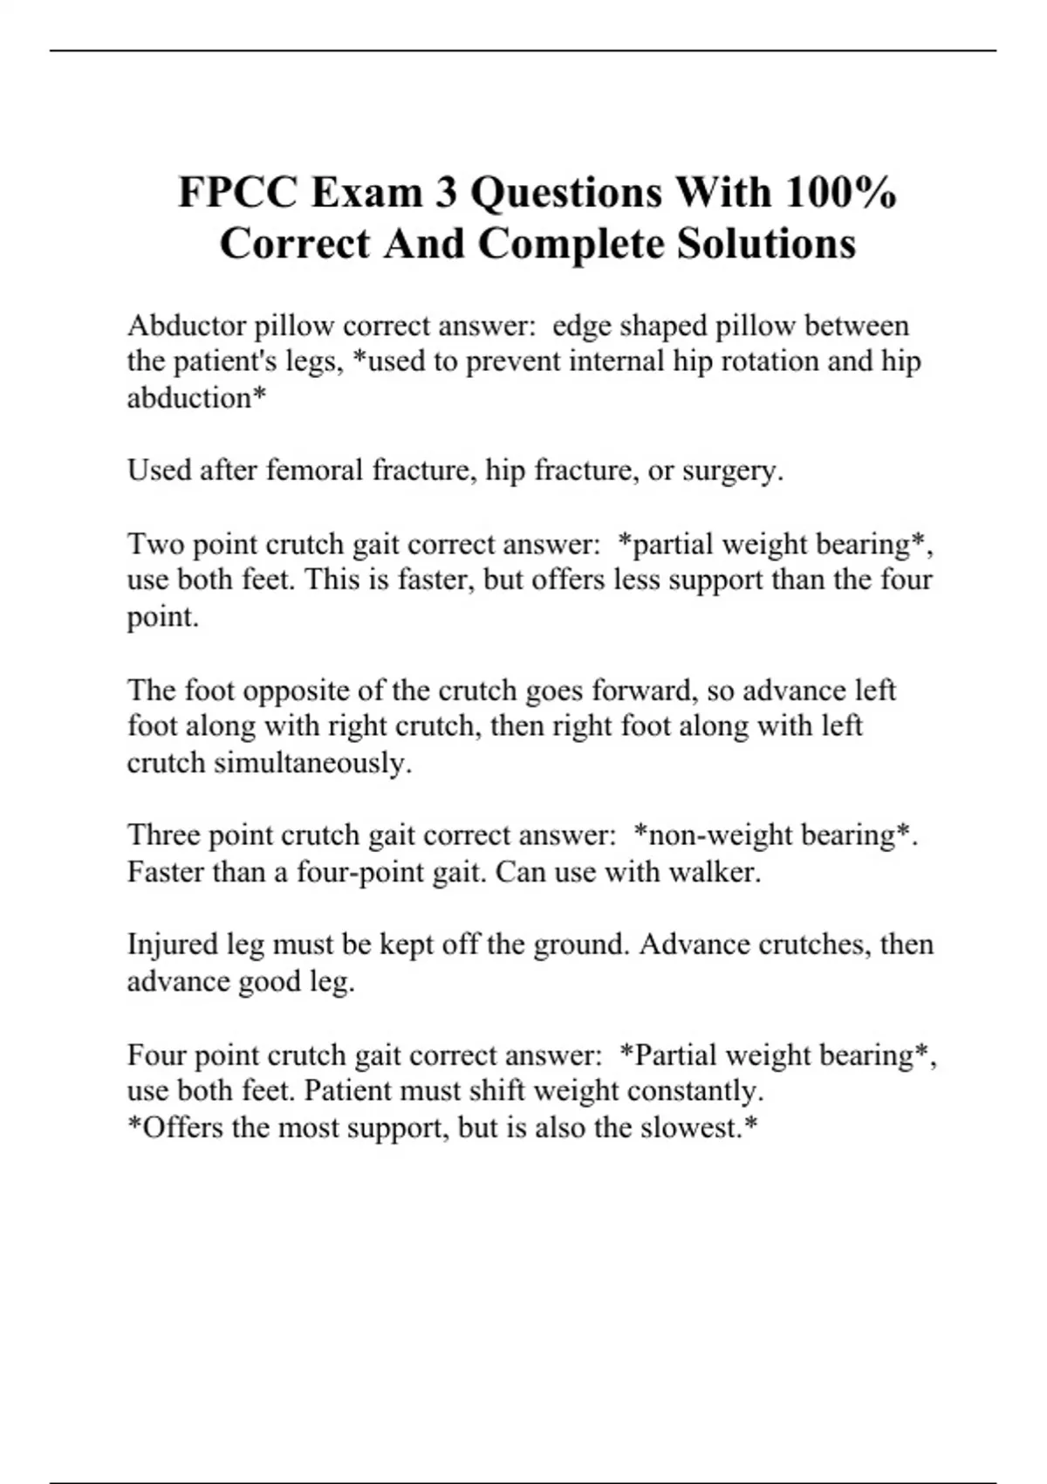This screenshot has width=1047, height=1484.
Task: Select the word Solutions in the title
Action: (767, 244)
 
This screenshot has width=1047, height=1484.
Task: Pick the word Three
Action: (164, 835)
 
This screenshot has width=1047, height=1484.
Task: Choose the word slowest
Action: (693, 1128)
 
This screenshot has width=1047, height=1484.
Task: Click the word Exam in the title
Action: (366, 193)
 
